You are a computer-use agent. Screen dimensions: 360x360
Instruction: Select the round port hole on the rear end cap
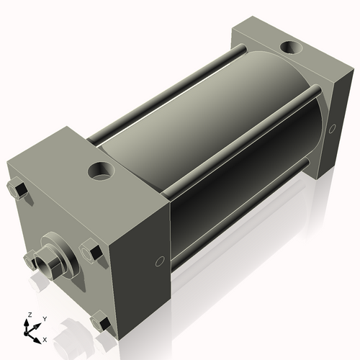pyautogui.click(x=291, y=48)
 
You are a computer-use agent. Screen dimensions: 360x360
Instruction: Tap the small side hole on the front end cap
pyautogui.click(x=160, y=261)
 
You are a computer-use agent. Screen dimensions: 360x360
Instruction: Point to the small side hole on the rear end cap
pyautogui.click(x=331, y=130)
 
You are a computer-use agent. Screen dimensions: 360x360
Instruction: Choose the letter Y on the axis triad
pyautogui.click(x=45, y=318)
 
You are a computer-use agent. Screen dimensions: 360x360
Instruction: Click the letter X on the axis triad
pyautogui.click(x=45, y=338)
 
